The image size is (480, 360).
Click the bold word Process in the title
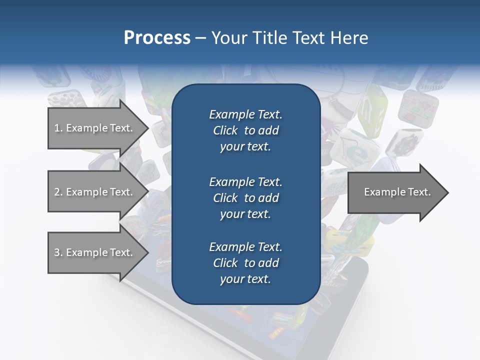coord(157,38)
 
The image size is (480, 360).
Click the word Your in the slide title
coord(229,38)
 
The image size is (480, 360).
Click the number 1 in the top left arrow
coord(57,128)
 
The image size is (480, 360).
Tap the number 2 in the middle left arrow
coord(57,192)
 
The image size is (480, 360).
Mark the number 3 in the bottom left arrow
coord(57,252)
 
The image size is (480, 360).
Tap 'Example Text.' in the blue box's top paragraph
coord(245,114)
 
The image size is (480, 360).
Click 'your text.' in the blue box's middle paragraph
coord(245,214)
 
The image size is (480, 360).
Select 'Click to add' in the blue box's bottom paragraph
coord(245,263)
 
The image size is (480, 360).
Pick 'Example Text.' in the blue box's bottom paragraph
coord(245,247)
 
